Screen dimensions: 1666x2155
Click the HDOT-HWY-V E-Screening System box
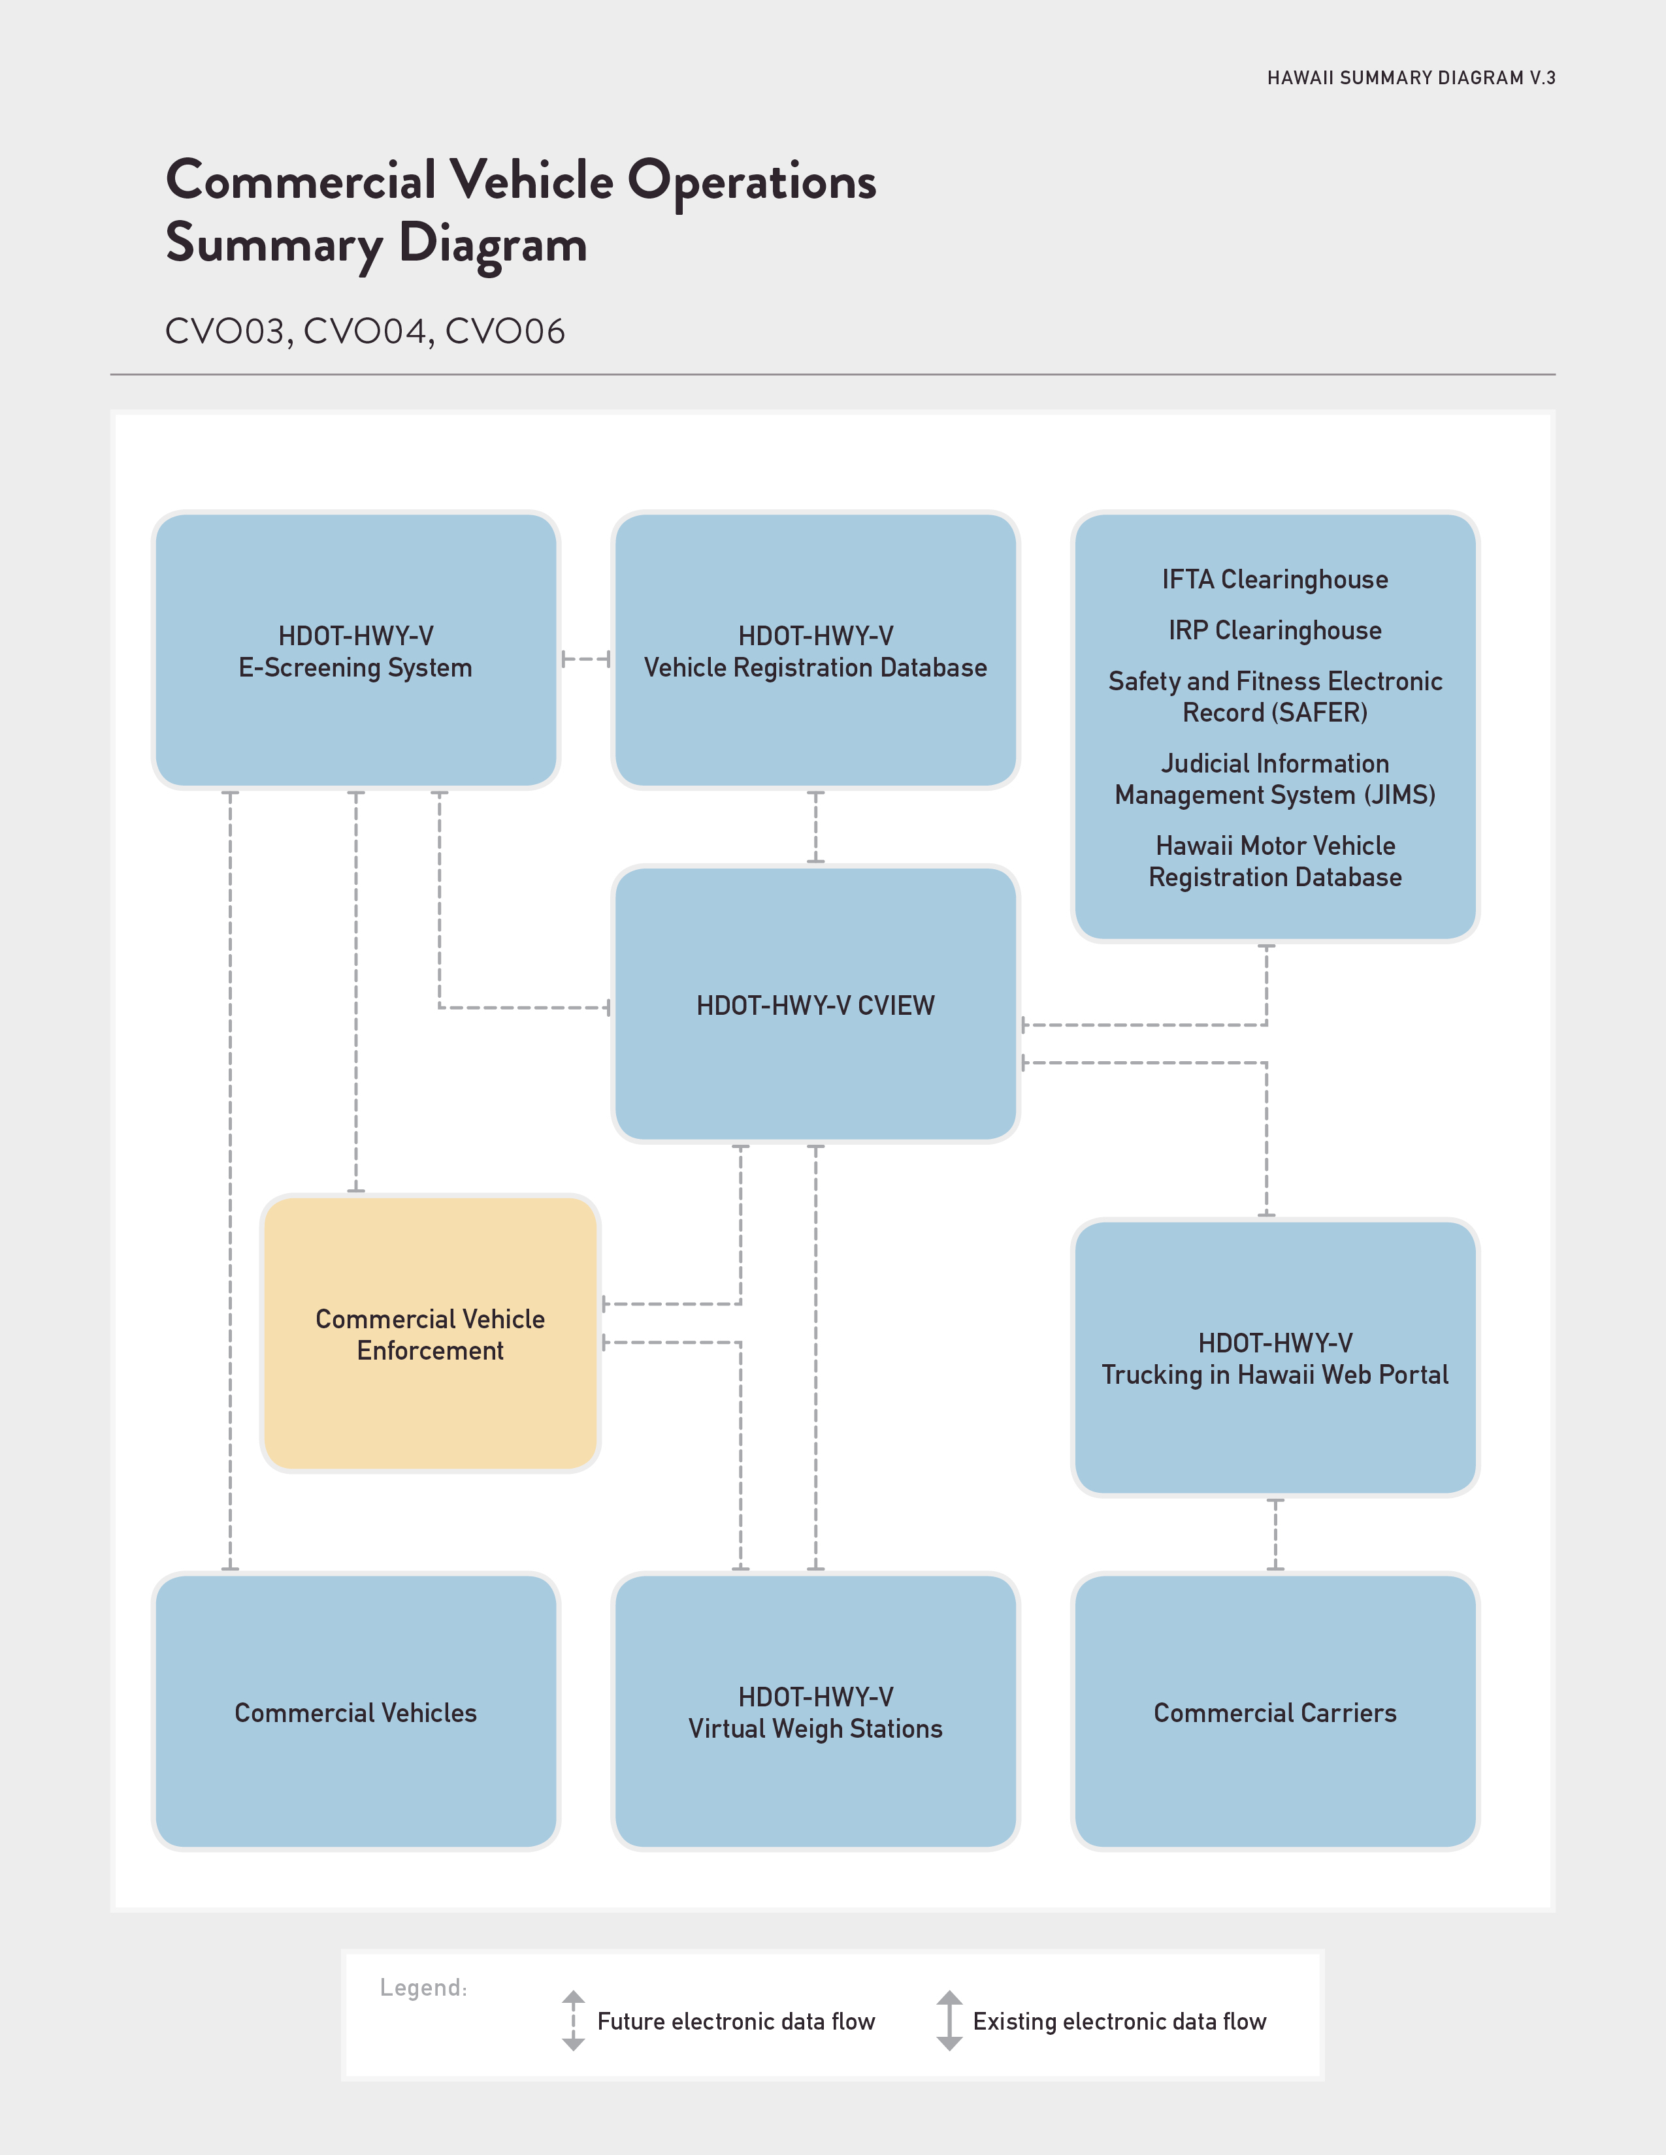coord(355,650)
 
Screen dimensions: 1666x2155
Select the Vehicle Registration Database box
coord(815,650)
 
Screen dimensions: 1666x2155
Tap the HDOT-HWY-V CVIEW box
coord(815,1004)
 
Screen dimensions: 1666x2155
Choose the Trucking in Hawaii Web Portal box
coord(1275,1358)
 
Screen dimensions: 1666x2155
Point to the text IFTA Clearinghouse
coord(1275,579)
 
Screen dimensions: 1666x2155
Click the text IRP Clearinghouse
coord(1275,631)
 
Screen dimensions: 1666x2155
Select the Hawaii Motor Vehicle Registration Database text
coord(1275,861)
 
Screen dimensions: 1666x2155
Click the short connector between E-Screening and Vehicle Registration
coord(585,659)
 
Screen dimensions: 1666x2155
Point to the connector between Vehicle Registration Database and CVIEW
coord(815,827)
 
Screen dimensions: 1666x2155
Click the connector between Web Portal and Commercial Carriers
coord(1275,1535)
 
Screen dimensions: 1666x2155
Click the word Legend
coord(423,1987)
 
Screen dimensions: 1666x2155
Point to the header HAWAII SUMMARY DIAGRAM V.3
coord(1411,78)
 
